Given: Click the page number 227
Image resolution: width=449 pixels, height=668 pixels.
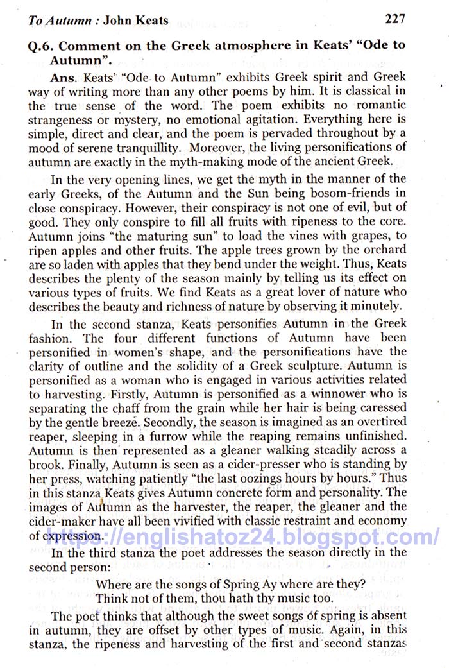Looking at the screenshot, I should pos(394,19).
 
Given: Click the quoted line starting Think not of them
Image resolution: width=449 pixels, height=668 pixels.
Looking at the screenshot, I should pos(210,598).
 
